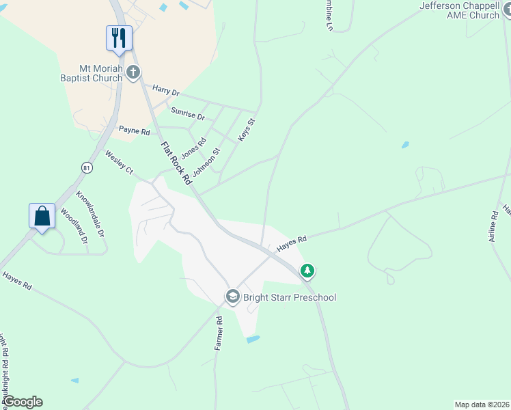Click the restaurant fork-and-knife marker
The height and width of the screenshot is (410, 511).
coord(119,38)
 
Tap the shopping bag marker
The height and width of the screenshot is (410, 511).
coord(42,216)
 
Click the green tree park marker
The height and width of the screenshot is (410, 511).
coord(308,271)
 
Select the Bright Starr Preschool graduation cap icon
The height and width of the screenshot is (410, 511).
coord(232,297)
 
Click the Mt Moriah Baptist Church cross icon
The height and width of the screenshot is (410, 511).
coord(133,71)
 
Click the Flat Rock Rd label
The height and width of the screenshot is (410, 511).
coord(176,163)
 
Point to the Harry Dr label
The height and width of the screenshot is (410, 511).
coord(165,91)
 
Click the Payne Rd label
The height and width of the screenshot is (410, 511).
coord(133,128)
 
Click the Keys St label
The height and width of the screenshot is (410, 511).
coord(246,131)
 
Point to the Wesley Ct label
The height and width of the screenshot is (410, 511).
coord(119,163)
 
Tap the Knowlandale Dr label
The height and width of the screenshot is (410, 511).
coord(90,213)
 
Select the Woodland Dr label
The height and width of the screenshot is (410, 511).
coord(74,225)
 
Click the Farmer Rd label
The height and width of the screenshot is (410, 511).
coord(219,333)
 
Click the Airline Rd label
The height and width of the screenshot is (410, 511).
coord(493,225)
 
